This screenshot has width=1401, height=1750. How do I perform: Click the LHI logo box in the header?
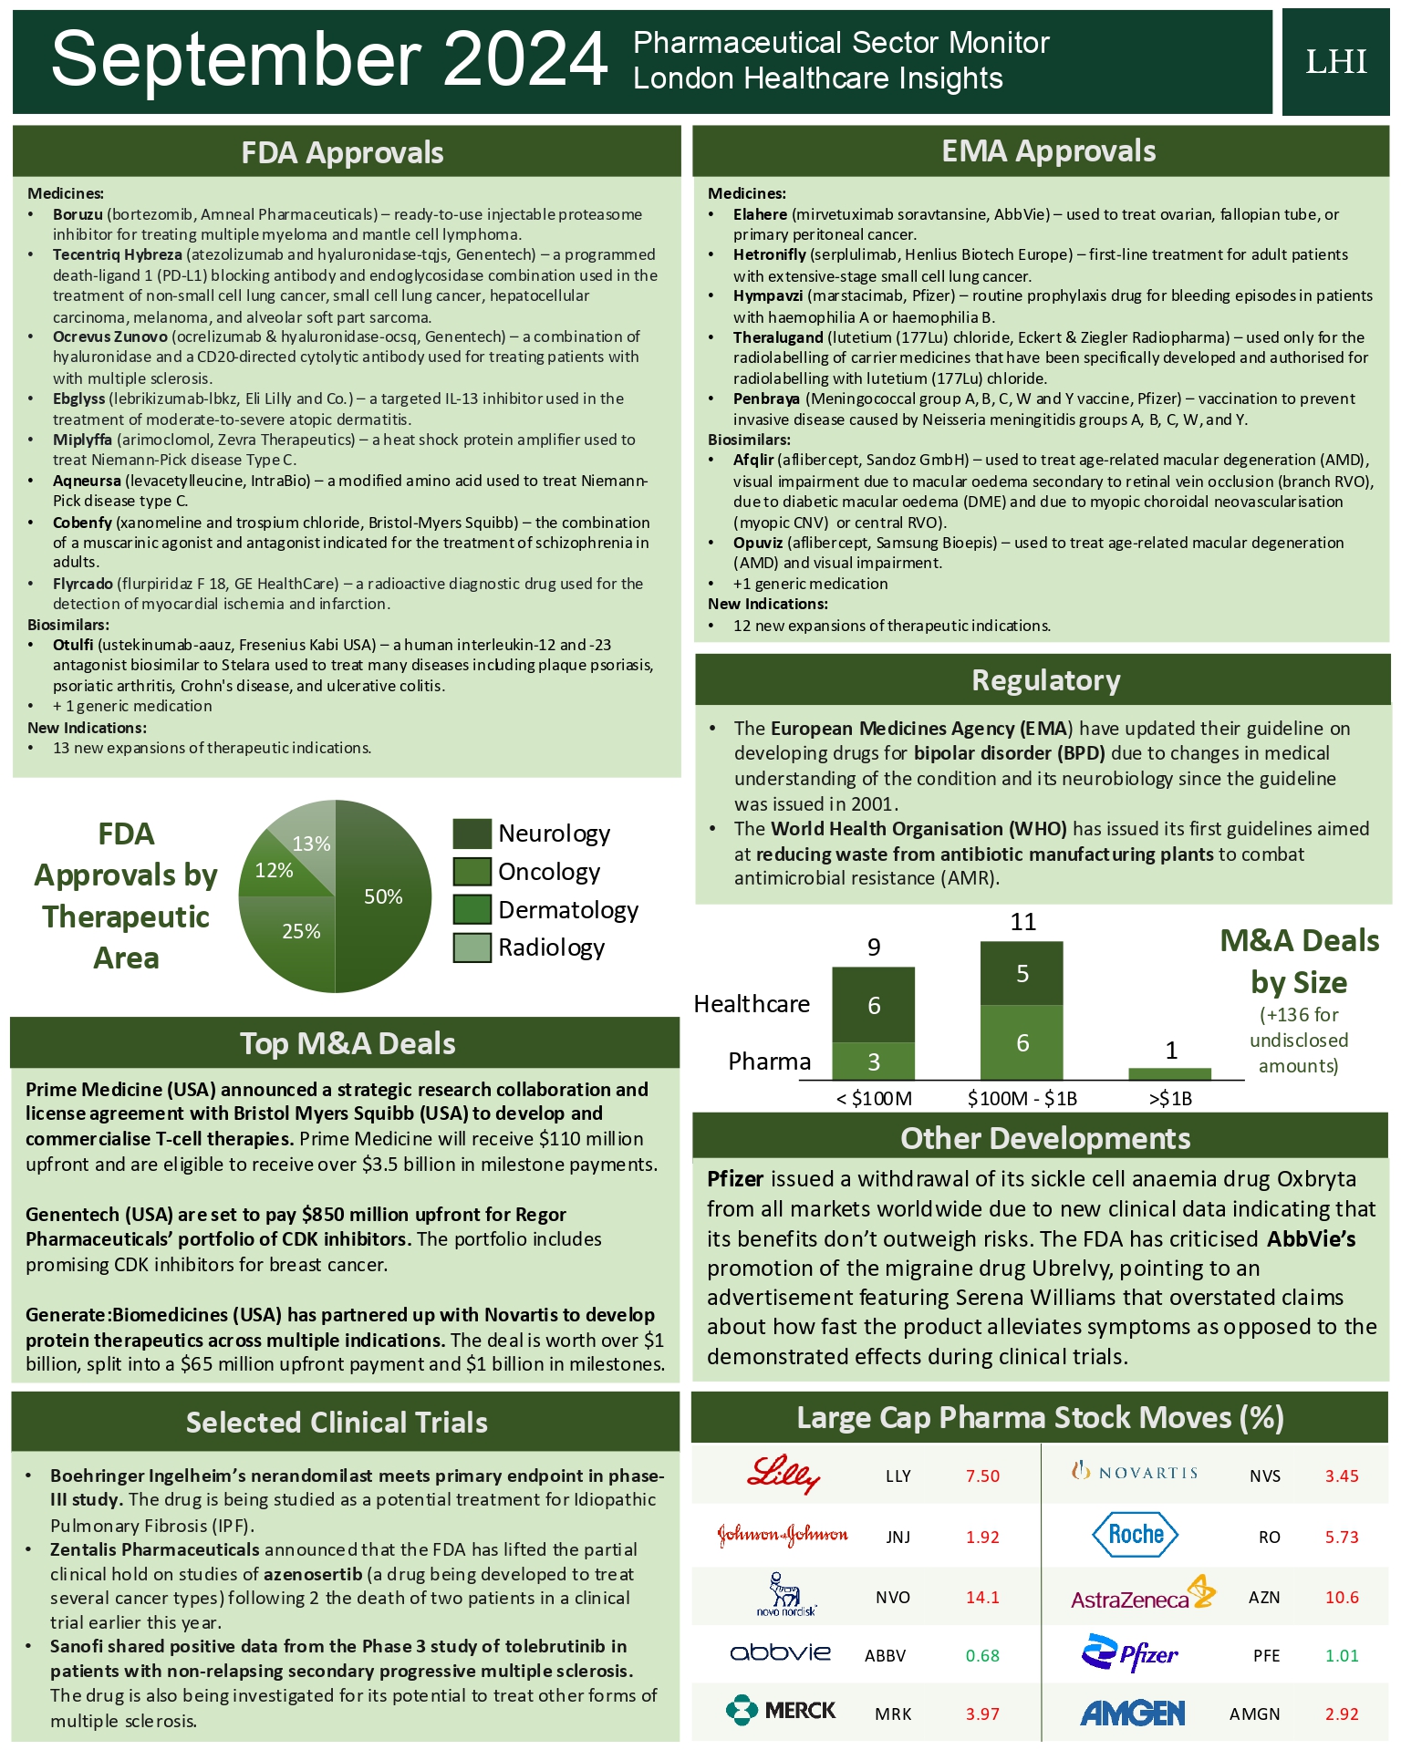[1335, 62]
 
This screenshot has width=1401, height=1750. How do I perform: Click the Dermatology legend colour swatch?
[472, 909]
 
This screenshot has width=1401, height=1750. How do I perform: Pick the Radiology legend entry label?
[551, 947]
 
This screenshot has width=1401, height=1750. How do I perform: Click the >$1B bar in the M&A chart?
[1169, 1073]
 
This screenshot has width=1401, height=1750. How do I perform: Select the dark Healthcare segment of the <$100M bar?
[873, 1005]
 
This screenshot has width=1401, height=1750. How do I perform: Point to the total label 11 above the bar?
[1022, 922]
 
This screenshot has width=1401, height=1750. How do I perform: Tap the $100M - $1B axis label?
[1022, 1098]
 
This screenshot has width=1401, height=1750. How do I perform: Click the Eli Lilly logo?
[784, 1475]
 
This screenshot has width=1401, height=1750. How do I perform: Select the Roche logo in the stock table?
[1135, 1535]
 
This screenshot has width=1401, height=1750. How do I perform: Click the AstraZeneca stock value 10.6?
[1342, 1597]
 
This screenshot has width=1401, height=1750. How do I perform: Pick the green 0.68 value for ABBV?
[982, 1655]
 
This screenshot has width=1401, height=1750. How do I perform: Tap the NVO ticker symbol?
[892, 1597]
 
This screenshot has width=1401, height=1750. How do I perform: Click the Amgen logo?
[1132, 1714]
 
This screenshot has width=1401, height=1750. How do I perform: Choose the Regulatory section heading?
[1045, 680]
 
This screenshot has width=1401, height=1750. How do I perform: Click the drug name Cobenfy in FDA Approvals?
[82, 523]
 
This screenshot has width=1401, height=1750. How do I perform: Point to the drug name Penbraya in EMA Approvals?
[766, 399]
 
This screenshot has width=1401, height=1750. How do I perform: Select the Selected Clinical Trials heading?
[337, 1423]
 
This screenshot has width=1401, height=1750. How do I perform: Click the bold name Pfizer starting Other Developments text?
[735, 1179]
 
